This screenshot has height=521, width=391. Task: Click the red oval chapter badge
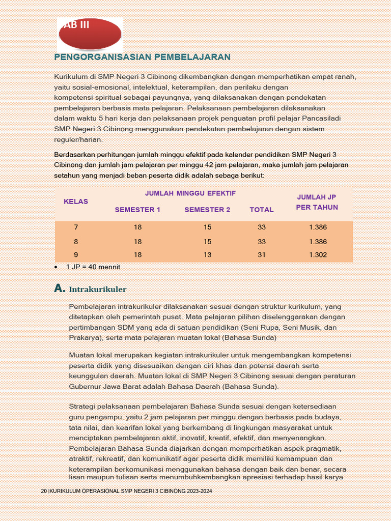click(x=90, y=34)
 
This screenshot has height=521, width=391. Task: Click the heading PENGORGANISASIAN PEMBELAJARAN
click(x=143, y=57)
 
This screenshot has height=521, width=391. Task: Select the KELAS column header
click(x=76, y=201)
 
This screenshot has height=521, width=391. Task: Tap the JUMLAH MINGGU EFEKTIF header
click(x=190, y=193)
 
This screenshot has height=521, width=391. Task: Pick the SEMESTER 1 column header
click(x=137, y=210)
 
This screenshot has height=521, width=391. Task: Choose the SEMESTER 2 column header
click(x=207, y=210)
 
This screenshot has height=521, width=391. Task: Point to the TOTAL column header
click(x=262, y=210)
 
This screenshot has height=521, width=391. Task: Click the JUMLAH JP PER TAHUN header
click(x=317, y=202)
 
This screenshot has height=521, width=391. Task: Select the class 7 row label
click(x=76, y=227)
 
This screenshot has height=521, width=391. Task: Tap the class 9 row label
click(x=76, y=255)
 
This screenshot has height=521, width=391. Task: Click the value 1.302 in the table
click(x=318, y=255)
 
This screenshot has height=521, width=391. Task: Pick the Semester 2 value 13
click(x=207, y=255)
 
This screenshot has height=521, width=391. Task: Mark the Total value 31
click(x=262, y=255)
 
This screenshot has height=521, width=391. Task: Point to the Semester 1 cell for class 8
click(x=137, y=242)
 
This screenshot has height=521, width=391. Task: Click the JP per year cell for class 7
click(x=318, y=227)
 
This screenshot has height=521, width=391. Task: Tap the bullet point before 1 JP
click(x=56, y=267)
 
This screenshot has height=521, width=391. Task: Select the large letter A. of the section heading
click(x=60, y=288)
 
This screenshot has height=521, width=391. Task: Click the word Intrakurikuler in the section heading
click(x=98, y=290)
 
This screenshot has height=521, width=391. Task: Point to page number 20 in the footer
click(x=44, y=491)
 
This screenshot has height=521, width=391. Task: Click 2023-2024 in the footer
click(x=200, y=491)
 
